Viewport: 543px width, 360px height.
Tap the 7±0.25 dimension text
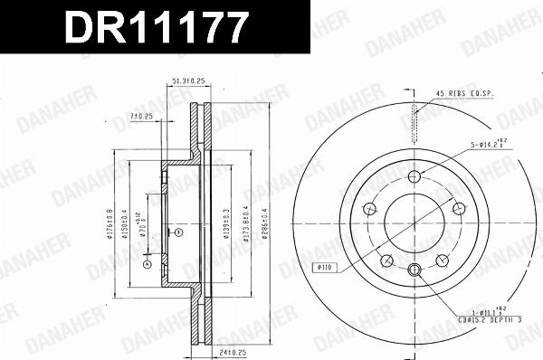point(140,116)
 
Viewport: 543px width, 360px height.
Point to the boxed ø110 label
point(326,267)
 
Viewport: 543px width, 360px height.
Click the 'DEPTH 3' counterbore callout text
point(513,319)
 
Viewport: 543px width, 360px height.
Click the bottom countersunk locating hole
point(414,270)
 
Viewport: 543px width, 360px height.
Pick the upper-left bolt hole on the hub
point(369,210)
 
